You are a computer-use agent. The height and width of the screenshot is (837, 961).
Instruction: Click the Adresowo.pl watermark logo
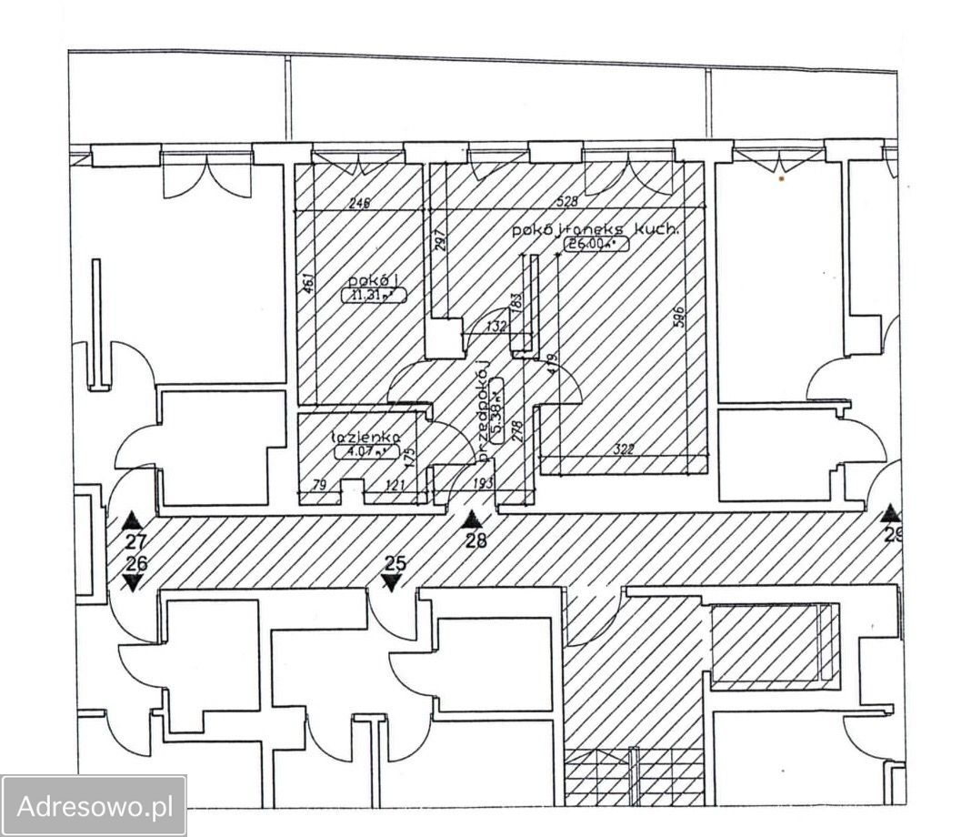point(95,805)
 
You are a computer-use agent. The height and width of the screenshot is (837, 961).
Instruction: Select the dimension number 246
point(359,205)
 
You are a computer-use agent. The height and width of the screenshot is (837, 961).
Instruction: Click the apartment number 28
point(475,540)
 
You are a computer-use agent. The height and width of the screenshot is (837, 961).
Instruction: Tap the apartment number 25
point(394,563)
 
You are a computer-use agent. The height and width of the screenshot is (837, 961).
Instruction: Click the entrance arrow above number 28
point(472,520)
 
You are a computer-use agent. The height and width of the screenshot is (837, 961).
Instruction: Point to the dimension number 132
point(496,327)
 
